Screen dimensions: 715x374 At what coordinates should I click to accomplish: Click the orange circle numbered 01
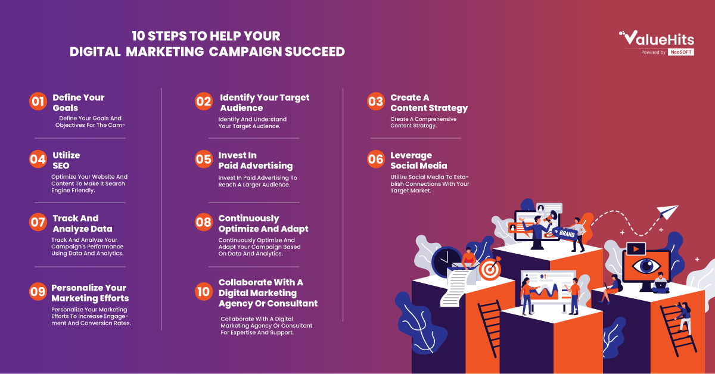click(x=38, y=101)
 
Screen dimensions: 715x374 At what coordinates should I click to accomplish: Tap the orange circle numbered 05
click(x=204, y=159)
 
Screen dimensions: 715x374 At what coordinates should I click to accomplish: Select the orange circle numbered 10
click(x=204, y=291)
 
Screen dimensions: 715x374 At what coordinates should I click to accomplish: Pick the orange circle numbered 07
click(x=38, y=222)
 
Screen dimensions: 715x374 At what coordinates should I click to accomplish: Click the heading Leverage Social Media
click(x=419, y=161)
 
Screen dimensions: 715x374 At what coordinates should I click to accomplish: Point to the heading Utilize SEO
click(x=66, y=161)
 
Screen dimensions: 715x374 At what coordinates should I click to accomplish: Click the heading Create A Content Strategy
click(x=429, y=103)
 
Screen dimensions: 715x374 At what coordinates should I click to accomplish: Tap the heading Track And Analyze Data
click(x=82, y=223)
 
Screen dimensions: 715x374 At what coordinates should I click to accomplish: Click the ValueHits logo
click(x=657, y=38)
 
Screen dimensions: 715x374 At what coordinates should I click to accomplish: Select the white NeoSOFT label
click(x=681, y=52)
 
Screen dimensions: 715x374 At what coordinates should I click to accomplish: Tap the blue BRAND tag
click(x=565, y=233)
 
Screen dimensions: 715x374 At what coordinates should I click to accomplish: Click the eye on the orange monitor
click(x=646, y=266)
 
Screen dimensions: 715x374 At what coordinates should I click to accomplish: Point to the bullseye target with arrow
click(x=490, y=269)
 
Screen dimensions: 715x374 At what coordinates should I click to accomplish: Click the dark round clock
click(x=446, y=261)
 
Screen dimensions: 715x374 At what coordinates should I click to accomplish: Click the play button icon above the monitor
click(x=636, y=249)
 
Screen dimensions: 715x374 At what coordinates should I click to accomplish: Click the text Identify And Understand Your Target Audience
click(x=253, y=123)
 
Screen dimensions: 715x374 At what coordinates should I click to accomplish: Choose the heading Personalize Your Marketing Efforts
click(x=90, y=293)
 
